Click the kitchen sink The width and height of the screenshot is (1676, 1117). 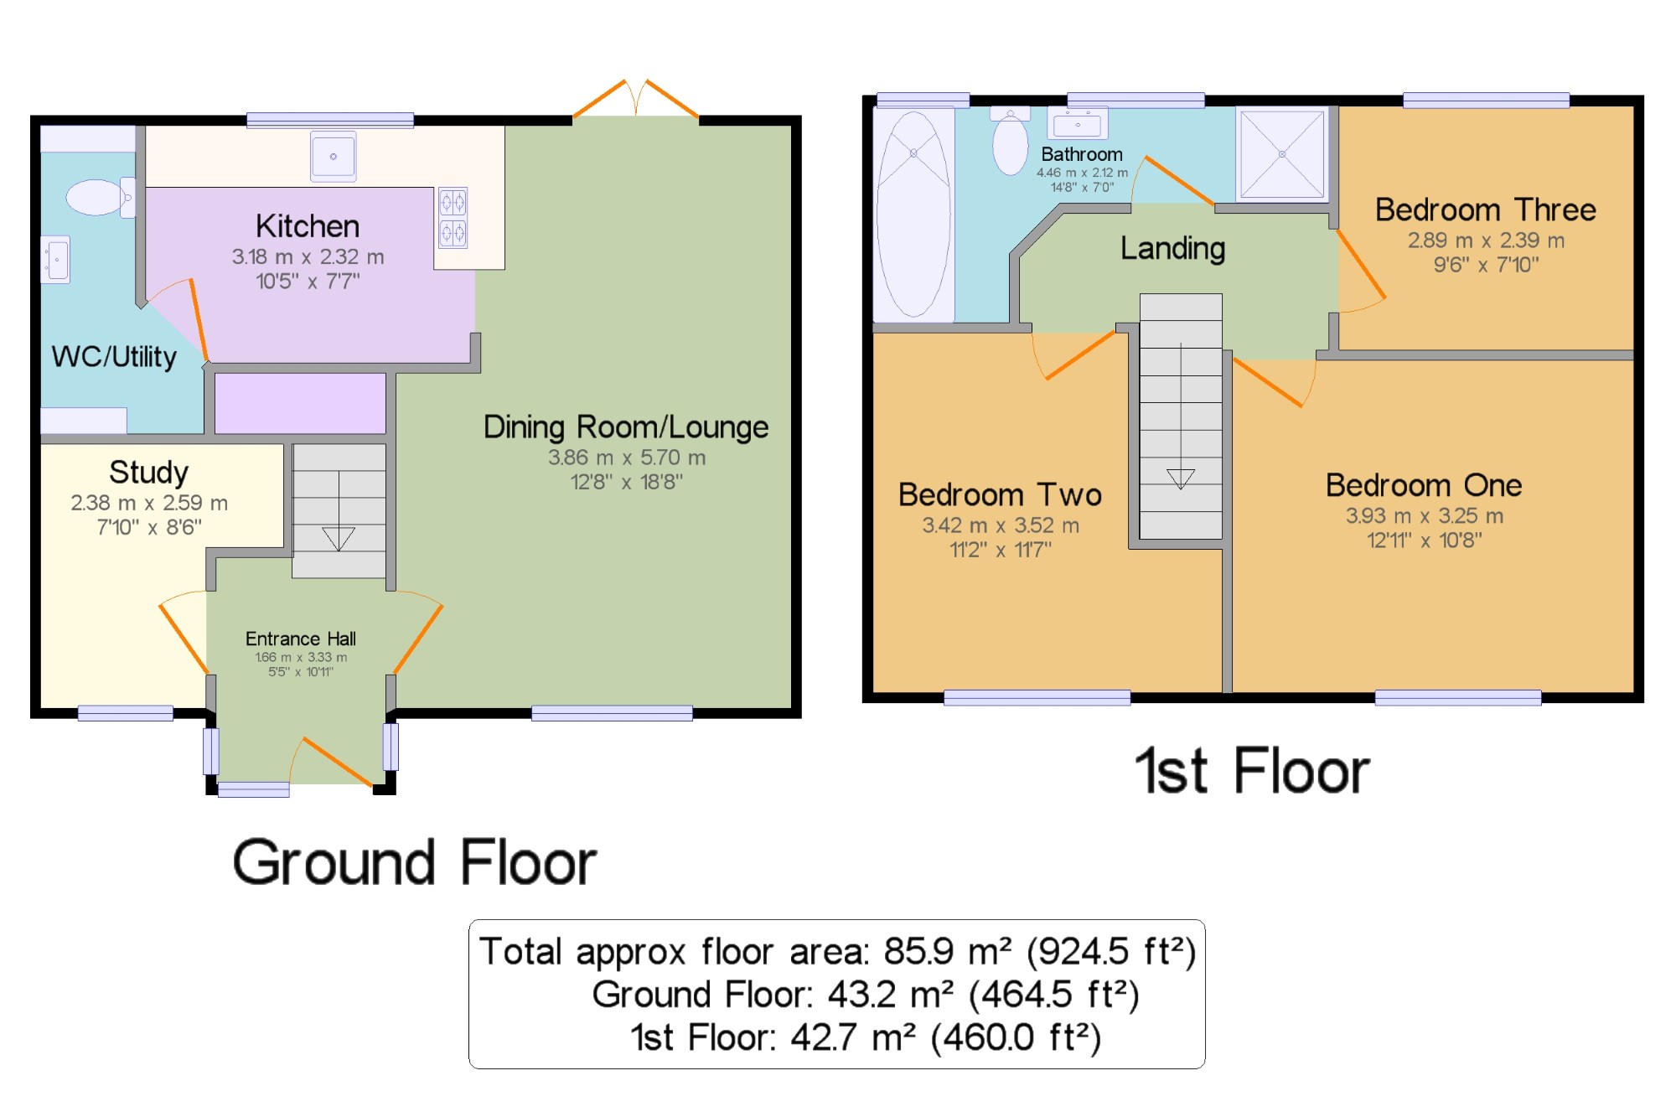[334, 156]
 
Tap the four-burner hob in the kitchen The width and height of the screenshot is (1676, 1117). [453, 218]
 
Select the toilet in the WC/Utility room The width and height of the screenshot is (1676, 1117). [101, 198]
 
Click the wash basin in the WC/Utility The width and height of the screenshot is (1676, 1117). [55, 260]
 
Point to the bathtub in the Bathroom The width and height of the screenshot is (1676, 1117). [913, 215]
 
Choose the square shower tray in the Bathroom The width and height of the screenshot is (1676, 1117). [1282, 154]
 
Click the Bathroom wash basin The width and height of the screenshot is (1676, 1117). [1078, 123]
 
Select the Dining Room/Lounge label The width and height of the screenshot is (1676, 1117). [626, 427]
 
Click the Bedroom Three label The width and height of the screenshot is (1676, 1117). [1486, 209]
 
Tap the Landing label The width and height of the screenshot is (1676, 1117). [1173, 248]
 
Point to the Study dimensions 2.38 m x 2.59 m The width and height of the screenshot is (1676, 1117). [149, 503]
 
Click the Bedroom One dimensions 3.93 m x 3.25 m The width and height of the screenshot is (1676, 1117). [1425, 516]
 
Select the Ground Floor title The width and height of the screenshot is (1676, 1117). [415, 862]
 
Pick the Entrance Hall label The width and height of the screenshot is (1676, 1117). [301, 639]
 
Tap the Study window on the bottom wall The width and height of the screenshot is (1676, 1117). [126, 713]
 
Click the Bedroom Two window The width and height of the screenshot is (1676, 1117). [1037, 697]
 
